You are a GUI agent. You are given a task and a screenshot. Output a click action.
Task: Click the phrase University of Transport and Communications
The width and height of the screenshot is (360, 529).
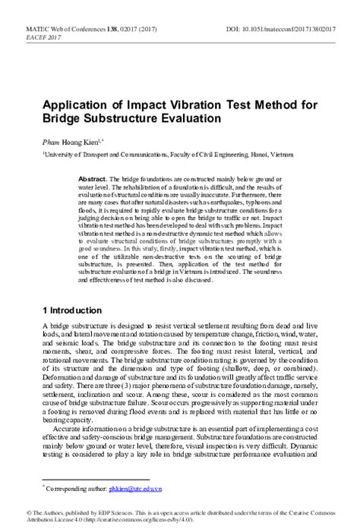click(99, 153)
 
